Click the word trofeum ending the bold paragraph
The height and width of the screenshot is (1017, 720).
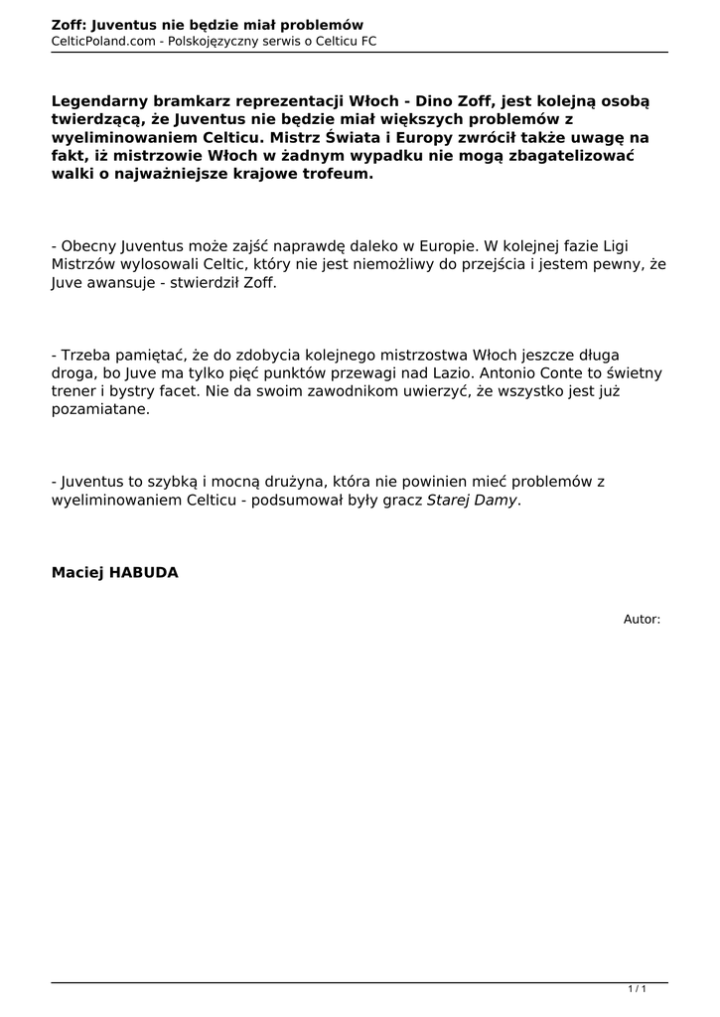pyautogui.click(x=339, y=174)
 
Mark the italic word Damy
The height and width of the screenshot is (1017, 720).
pyautogui.click(x=497, y=500)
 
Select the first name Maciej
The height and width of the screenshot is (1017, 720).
pyautogui.click(x=75, y=572)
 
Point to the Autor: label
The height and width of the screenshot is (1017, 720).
pyautogui.click(x=642, y=619)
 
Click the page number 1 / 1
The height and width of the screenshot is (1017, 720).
pyautogui.click(x=638, y=989)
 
